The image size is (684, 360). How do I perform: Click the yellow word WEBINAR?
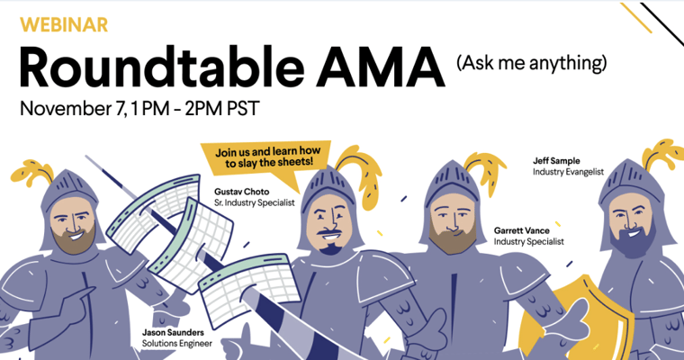point(62,23)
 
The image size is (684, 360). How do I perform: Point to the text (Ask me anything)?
point(531,63)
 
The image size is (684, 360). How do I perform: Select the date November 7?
point(76,109)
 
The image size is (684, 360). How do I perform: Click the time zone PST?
point(242,109)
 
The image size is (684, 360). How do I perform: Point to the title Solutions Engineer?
point(177,343)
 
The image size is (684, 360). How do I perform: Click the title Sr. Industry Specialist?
point(255,202)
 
